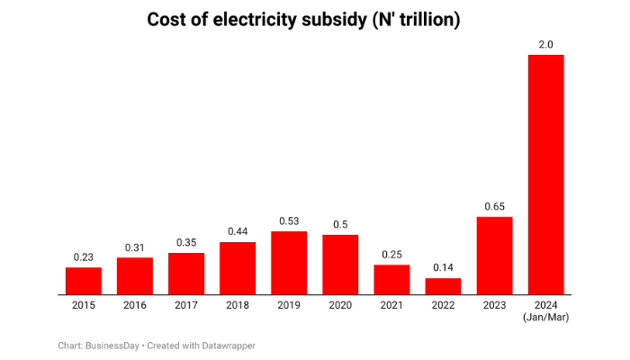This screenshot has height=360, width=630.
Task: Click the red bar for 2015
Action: (x=84, y=281)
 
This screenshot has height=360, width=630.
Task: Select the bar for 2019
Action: (x=289, y=263)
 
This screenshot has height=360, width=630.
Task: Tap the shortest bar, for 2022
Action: (x=443, y=286)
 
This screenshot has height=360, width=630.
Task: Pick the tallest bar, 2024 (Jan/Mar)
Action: (x=545, y=175)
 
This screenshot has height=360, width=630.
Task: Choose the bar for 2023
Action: (x=494, y=256)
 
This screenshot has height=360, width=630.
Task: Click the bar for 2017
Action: (x=186, y=274)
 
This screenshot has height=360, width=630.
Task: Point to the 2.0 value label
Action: (x=545, y=45)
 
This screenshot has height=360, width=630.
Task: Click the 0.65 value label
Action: (x=494, y=207)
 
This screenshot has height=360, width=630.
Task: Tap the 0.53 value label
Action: (x=289, y=221)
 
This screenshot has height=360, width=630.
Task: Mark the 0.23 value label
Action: (x=84, y=257)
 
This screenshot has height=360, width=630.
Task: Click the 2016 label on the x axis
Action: (x=135, y=305)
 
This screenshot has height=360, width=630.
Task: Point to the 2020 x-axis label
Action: (x=340, y=305)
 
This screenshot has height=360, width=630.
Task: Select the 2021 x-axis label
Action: (x=391, y=305)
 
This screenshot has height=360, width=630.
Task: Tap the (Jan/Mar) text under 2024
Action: (x=545, y=318)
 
